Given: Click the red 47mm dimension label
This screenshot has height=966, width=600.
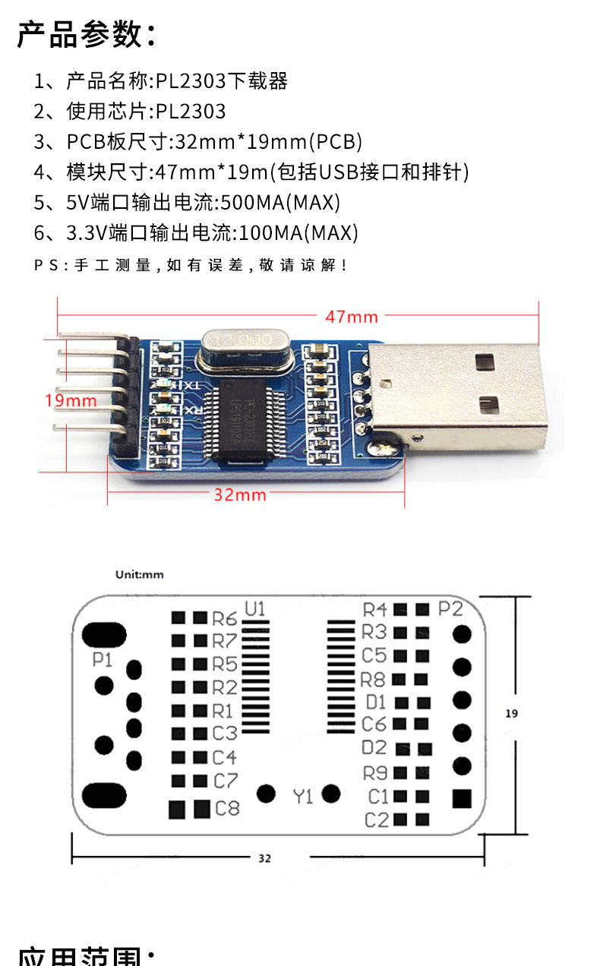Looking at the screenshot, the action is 352,317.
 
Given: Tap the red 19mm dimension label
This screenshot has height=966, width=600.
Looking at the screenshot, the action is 71,399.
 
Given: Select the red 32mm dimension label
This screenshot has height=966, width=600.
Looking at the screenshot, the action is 240,494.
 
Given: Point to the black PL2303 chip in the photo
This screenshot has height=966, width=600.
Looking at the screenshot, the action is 245,420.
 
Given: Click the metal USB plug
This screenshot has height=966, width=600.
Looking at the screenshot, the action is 463,395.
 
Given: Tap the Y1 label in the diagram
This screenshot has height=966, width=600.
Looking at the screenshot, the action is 303,797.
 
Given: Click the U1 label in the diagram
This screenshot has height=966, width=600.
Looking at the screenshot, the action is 254,608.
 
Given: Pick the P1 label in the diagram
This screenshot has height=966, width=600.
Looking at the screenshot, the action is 102,660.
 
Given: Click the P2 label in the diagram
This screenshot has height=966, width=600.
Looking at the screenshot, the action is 451,608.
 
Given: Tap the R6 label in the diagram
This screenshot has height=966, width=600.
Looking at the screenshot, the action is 225,618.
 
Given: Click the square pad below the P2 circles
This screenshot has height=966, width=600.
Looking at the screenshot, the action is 461,799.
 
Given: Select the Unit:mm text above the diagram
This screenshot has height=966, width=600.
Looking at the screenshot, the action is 139,575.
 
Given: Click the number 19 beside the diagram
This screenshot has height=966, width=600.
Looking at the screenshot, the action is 511,713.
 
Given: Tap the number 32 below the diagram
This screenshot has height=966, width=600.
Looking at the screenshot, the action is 264,858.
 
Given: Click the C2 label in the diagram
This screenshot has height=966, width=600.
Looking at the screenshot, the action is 377,819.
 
